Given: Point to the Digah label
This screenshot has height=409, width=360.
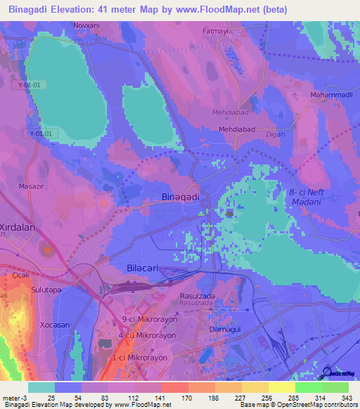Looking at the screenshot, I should point(276,142).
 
